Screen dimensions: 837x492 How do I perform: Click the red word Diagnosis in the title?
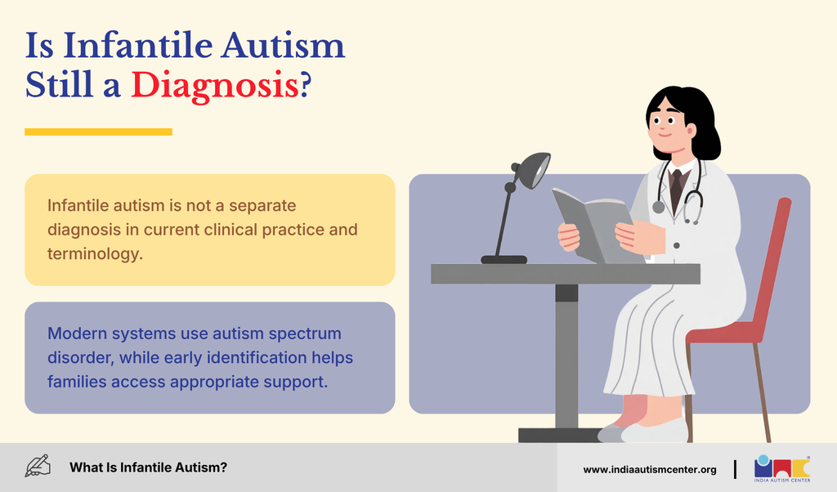(x=215, y=85)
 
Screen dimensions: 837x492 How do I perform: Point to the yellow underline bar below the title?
(x=98, y=132)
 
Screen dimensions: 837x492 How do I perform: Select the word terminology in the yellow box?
(x=95, y=253)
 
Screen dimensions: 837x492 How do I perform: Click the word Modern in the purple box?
(x=77, y=333)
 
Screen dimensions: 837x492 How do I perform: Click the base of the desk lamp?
(x=504, y=260)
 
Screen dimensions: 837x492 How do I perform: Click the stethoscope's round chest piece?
(x=659, y=207)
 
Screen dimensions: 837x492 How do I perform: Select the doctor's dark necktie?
(x=677, y=189)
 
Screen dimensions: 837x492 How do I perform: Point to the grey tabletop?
(x=566, y=274)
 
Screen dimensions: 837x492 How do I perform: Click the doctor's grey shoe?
(x=655, y=432)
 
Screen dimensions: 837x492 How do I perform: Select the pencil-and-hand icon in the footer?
(x=38, y=466)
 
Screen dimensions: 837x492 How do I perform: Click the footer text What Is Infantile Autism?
(x=149, y=467)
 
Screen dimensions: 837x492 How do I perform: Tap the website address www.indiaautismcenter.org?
(x=650, y=470)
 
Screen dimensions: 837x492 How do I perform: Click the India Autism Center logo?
(x=782, y=468)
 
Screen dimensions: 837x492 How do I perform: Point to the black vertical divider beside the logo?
(x=735, y=469)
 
